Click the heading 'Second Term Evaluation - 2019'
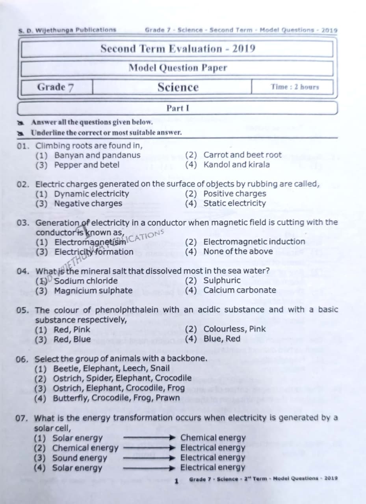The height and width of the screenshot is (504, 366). pyautogui.click(x=178, y=49)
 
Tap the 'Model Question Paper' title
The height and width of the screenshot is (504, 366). pyautogui.click(x=178, y=68)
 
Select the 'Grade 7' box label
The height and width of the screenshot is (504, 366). pyautogui.click(x=56, y=87)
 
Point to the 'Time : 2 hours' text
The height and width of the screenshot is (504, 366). pyautogui.click(x=295, y=87)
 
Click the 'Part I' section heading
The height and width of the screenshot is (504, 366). pyautogui.click(x=178, y=108)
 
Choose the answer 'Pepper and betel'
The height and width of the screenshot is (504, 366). pyautogui.click(x=87, y=165)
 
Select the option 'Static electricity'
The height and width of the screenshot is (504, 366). pyautogui.click(x=234, y=203)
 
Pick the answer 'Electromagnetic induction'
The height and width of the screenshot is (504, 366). pyautogui.click(x=254, y=242)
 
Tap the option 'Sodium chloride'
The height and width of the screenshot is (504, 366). pyautogui.click(x=86, y=281)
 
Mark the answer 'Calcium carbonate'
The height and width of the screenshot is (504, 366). pyautogui.click(x=240, y=290)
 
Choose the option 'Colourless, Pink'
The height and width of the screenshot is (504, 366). pyautogui.click(x=234, y=329)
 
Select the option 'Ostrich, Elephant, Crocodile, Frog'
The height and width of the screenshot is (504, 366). pyautogui.click(x=119, y=388)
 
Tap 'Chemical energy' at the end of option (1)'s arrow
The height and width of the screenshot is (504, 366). pyautogui.click(x=213, y=437)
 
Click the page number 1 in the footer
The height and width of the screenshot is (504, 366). pyautogui.click(x=177, y=481)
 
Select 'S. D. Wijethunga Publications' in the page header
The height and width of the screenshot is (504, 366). pyautogui.click(x=67, y=30)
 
